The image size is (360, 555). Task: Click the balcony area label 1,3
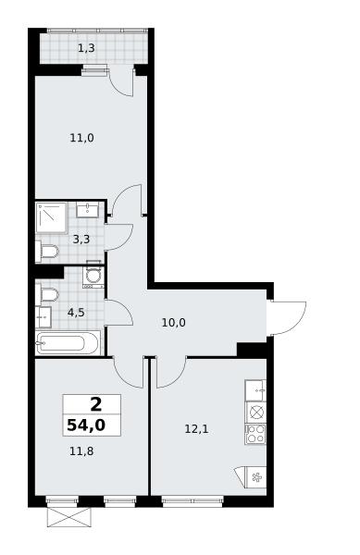coord(86,48)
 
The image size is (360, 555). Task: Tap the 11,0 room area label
coord(81,137)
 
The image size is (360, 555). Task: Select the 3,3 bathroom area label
coord(81,240)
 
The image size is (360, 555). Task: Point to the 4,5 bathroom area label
coord(76,313)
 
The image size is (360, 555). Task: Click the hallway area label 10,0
coord(173,323)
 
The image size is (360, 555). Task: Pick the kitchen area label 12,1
coord(196,429)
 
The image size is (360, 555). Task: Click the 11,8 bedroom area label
coord(81,451)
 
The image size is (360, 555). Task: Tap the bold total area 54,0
coord(86,425)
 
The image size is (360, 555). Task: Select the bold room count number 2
coord(96,404)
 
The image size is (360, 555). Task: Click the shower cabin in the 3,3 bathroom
coord(52,217)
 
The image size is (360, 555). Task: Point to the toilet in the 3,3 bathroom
coord(46,252)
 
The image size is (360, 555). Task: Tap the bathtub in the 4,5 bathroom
coord(68,342)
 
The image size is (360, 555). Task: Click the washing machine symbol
coord(93,276)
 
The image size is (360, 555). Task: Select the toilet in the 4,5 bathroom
coord(46,295)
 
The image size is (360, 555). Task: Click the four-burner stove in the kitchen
coord(255,434)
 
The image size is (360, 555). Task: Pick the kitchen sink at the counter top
coord(255,390)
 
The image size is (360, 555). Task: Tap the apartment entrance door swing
coord(288,317)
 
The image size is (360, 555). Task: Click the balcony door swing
coord(120,82)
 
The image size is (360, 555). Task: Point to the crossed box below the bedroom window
coord(69,517)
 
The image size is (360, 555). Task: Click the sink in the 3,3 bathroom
coord(87,210)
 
